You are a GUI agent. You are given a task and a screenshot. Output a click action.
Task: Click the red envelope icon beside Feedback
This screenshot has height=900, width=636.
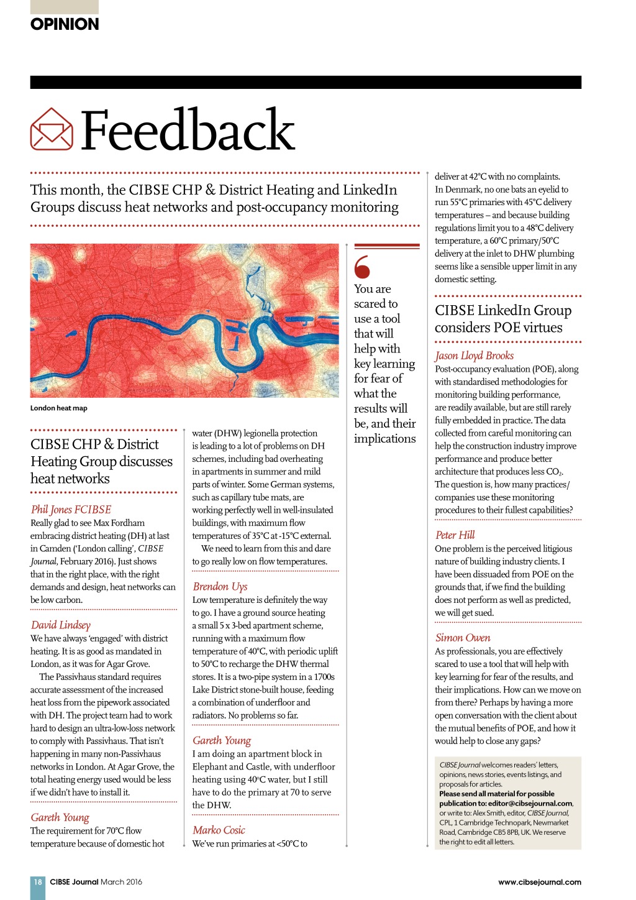[x=52, y=129]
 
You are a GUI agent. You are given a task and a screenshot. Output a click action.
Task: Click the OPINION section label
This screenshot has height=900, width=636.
[x=65, y=24]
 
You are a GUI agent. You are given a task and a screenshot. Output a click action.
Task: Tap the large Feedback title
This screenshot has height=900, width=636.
[x=188, y=130]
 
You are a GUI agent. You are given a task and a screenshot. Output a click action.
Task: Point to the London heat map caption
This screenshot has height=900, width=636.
[x=59, y=408]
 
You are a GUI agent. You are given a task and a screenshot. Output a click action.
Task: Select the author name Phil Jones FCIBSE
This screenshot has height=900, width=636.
[x=71, y=509]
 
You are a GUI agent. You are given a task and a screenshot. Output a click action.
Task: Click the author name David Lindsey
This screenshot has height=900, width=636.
[x=61, y=625]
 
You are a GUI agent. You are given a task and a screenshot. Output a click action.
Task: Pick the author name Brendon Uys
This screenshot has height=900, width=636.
[x=220, y=586]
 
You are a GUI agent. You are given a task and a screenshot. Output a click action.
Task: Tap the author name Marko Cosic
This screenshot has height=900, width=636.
[x=219, y=830]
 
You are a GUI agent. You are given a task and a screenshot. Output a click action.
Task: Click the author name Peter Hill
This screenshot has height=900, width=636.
[x=455, y=535]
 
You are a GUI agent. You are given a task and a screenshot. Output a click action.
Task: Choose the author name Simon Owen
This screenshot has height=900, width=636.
[x=463, y=637]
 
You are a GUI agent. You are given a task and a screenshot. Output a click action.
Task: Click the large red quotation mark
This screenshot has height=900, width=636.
[x=362, y=267]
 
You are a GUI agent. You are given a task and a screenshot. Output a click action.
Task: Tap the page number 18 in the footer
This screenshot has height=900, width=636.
[x=38, y=881]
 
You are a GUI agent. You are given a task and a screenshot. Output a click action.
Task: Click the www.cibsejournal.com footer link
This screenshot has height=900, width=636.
[x=539, y=881]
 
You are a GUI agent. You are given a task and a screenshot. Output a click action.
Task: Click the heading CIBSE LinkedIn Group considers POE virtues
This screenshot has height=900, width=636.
[x=502, y=319]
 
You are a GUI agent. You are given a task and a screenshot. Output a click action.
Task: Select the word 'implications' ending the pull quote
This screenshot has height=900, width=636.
[x=384, y=439]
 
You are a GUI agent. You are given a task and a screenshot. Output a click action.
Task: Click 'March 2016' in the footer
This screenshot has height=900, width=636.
[x=121, y=881]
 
